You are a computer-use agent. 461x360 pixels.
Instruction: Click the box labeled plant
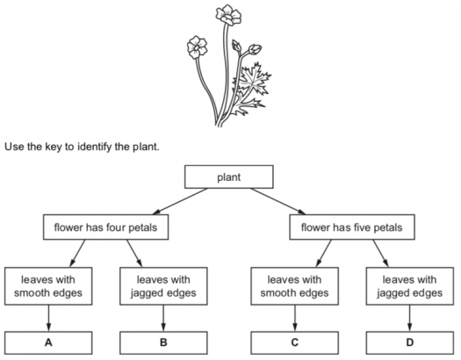[228, 176]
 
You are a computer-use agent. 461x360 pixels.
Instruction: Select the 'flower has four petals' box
[106, 227]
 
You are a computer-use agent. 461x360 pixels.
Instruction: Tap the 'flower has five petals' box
[352, 227]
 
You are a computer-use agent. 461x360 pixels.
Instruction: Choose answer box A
[48, 342]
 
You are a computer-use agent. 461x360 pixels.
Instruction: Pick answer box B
[163, 342]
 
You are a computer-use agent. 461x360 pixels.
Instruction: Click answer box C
[294, 342]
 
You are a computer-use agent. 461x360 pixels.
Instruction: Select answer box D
[410, 342]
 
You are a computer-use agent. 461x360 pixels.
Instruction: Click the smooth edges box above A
[48, 286]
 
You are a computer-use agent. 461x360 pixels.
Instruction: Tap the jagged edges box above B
[163, 286]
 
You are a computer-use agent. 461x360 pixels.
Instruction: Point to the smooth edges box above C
[294, 286]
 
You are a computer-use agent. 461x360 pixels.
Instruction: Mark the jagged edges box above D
[410, 286]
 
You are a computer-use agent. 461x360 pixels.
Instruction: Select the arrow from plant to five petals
[278, 201]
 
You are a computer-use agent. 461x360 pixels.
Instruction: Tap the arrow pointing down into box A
[48, 318]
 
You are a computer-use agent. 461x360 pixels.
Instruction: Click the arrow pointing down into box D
[410, 318]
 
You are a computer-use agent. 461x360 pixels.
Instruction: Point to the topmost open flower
[228, 15]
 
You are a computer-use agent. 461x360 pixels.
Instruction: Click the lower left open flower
[197, 47]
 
